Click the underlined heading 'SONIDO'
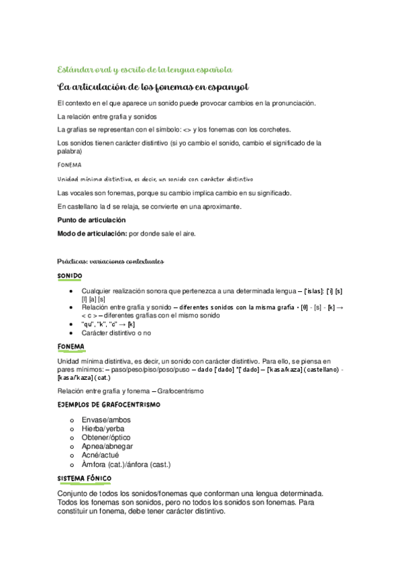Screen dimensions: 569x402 click(x=70, y=276)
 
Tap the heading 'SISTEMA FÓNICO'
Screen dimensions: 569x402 click(x=85, y=478)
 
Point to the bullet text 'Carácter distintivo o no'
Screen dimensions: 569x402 click(x=119, y=332)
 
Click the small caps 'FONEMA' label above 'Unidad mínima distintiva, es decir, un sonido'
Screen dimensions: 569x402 click(x=70, y=165)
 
